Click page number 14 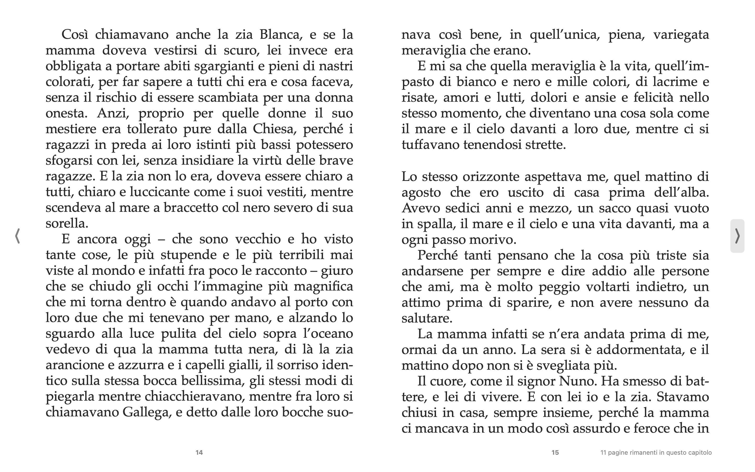pyautogui.click(x=199, y=452)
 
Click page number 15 pyautogui.click(x=555, y=452)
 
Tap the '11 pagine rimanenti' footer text pyautogui.click(x=656, y=452)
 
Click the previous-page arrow pyautogui.click(x=18, y=236)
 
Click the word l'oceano pyautogui.click(x=328, y=333)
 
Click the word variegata pyautogui.click(x=681, y=34)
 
